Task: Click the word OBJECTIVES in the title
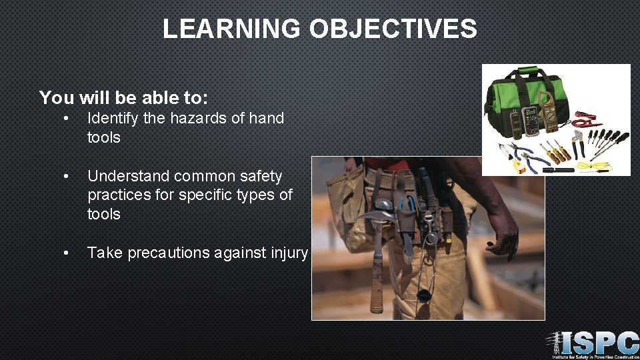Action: [393, 29]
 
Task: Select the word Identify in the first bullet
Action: [112, 119]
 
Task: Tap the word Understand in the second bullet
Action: [128, 177]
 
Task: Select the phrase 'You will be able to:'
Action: [123, 98]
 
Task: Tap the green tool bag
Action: [527, 93]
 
